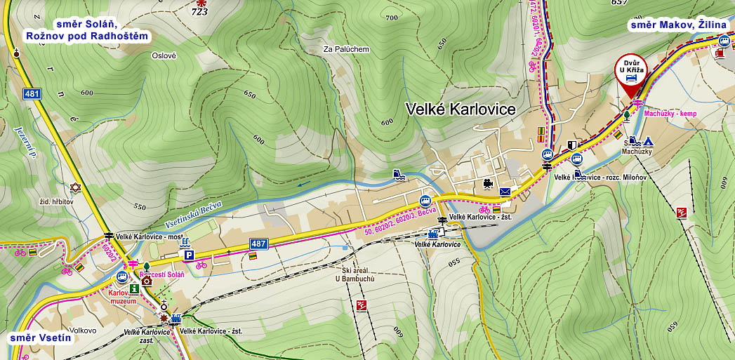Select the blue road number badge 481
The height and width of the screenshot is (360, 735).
[32, 93]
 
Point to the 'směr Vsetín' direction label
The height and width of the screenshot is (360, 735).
[41, 338]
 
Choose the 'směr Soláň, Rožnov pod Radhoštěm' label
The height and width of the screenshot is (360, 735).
[88, 29]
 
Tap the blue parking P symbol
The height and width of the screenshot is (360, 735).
[189, 257]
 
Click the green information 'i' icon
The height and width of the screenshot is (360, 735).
[134, 288]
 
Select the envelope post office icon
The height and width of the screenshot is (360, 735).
[505, 191]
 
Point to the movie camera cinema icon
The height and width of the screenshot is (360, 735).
[486, 185]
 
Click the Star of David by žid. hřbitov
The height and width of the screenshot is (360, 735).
[76, 187]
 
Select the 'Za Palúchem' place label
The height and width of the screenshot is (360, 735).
[345, 49]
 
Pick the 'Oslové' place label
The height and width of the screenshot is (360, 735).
[164, 55]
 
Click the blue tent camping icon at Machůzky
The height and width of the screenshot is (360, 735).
[649, 140]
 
